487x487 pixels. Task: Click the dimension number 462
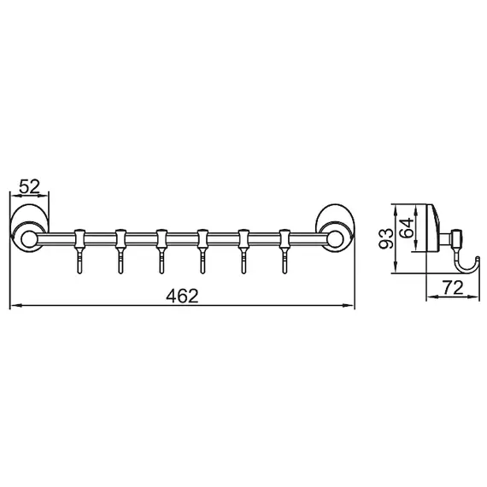point(182,296)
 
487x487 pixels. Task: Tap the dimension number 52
point(29,185)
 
